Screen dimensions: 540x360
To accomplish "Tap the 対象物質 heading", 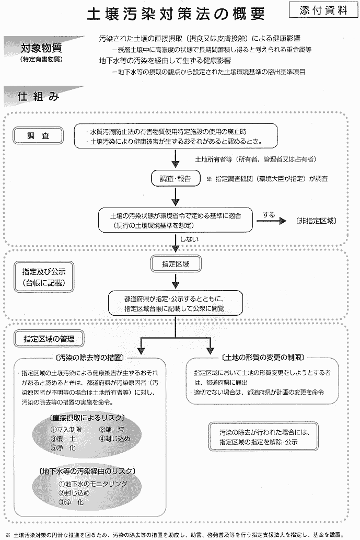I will click(x=41, y=49).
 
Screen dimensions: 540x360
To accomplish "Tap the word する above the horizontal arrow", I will click(x=269, y=214).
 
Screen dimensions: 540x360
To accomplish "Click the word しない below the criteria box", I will click(x=189, y=239).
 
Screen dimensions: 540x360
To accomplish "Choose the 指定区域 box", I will click(x=176, y=264).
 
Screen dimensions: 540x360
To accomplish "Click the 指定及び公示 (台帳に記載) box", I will click(x=43, y=278).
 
